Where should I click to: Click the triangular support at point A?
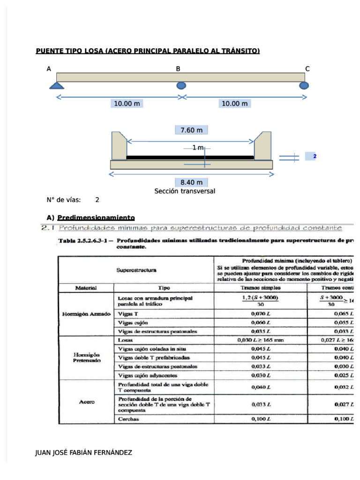pos(57,85)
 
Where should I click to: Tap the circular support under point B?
pos(181,85)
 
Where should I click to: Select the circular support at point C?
pos(304,85)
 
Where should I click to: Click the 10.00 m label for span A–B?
pos(127,104)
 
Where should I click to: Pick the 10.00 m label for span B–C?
pos(234,104)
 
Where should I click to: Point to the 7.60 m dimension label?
pos(191,130)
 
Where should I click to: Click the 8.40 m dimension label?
pos(191,182)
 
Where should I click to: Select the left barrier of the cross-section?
pos(118,146)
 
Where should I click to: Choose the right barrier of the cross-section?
pos(263,146)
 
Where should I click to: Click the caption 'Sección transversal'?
pos(185,191)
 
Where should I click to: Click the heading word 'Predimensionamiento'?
pos(96,217)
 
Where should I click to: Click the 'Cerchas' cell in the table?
pos(128,419)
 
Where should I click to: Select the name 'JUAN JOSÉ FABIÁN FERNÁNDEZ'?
pos(84,453)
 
